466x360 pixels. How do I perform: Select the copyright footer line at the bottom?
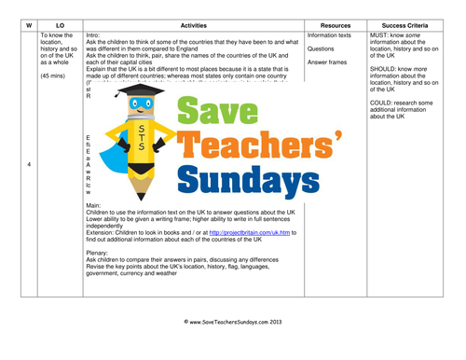point(233,346)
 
